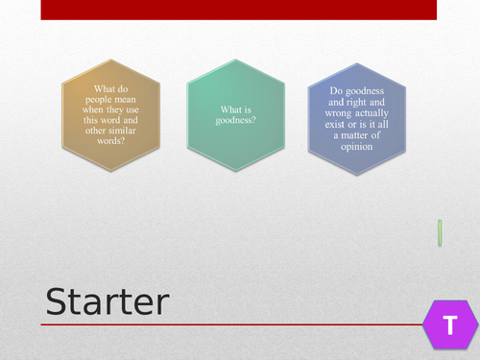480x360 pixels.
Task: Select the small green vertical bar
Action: click(x=440, y=232)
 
